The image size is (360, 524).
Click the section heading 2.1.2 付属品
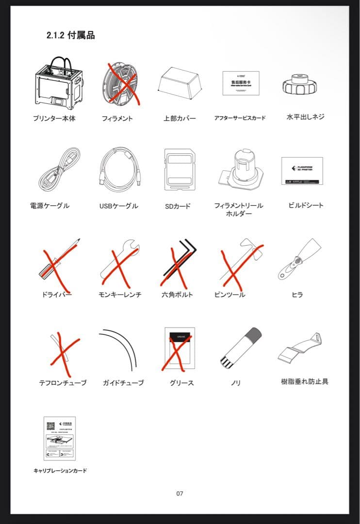(70, 35)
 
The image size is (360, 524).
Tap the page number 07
(180, 493)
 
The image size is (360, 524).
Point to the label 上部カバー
(180, 118)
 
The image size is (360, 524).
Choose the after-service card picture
(241, 83)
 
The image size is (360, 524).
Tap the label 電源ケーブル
(49, 206)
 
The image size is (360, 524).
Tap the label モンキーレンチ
(120, 295)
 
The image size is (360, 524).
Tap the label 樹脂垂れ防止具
(305, 382)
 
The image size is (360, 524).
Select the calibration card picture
(59, 438)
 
